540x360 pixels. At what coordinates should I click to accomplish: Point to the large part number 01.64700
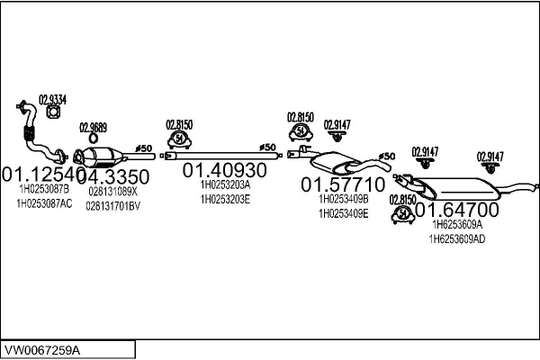[455, 210]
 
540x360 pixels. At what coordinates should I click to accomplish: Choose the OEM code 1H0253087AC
[46, 204]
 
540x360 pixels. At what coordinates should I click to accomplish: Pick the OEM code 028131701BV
[113, 206]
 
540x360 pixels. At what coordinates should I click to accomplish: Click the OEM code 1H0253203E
[225, 199]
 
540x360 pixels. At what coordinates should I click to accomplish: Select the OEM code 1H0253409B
[344, 199]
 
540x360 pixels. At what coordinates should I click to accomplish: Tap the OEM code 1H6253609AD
[457, 239]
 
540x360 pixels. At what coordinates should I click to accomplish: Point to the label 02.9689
[93, 127]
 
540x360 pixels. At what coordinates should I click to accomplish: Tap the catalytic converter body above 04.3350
[112, 156]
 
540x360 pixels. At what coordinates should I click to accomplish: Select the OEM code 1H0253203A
[225, 184]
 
